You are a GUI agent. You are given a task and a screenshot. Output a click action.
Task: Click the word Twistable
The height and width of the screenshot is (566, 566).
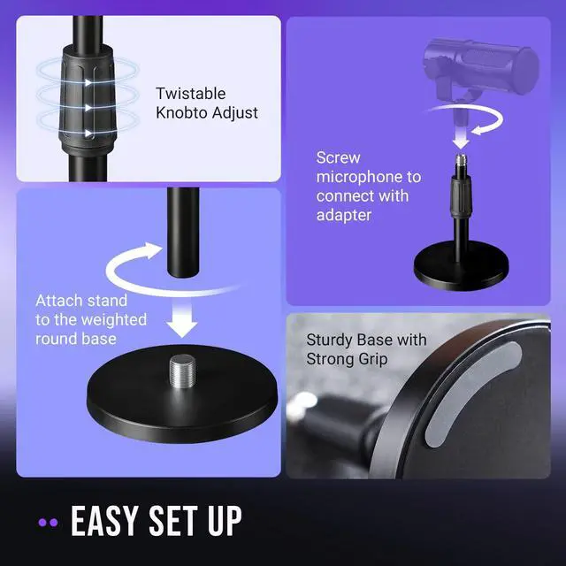190,93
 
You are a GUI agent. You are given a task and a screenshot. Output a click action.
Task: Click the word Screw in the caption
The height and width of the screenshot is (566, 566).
338,158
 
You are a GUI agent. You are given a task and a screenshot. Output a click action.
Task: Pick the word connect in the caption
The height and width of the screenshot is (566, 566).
345,195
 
